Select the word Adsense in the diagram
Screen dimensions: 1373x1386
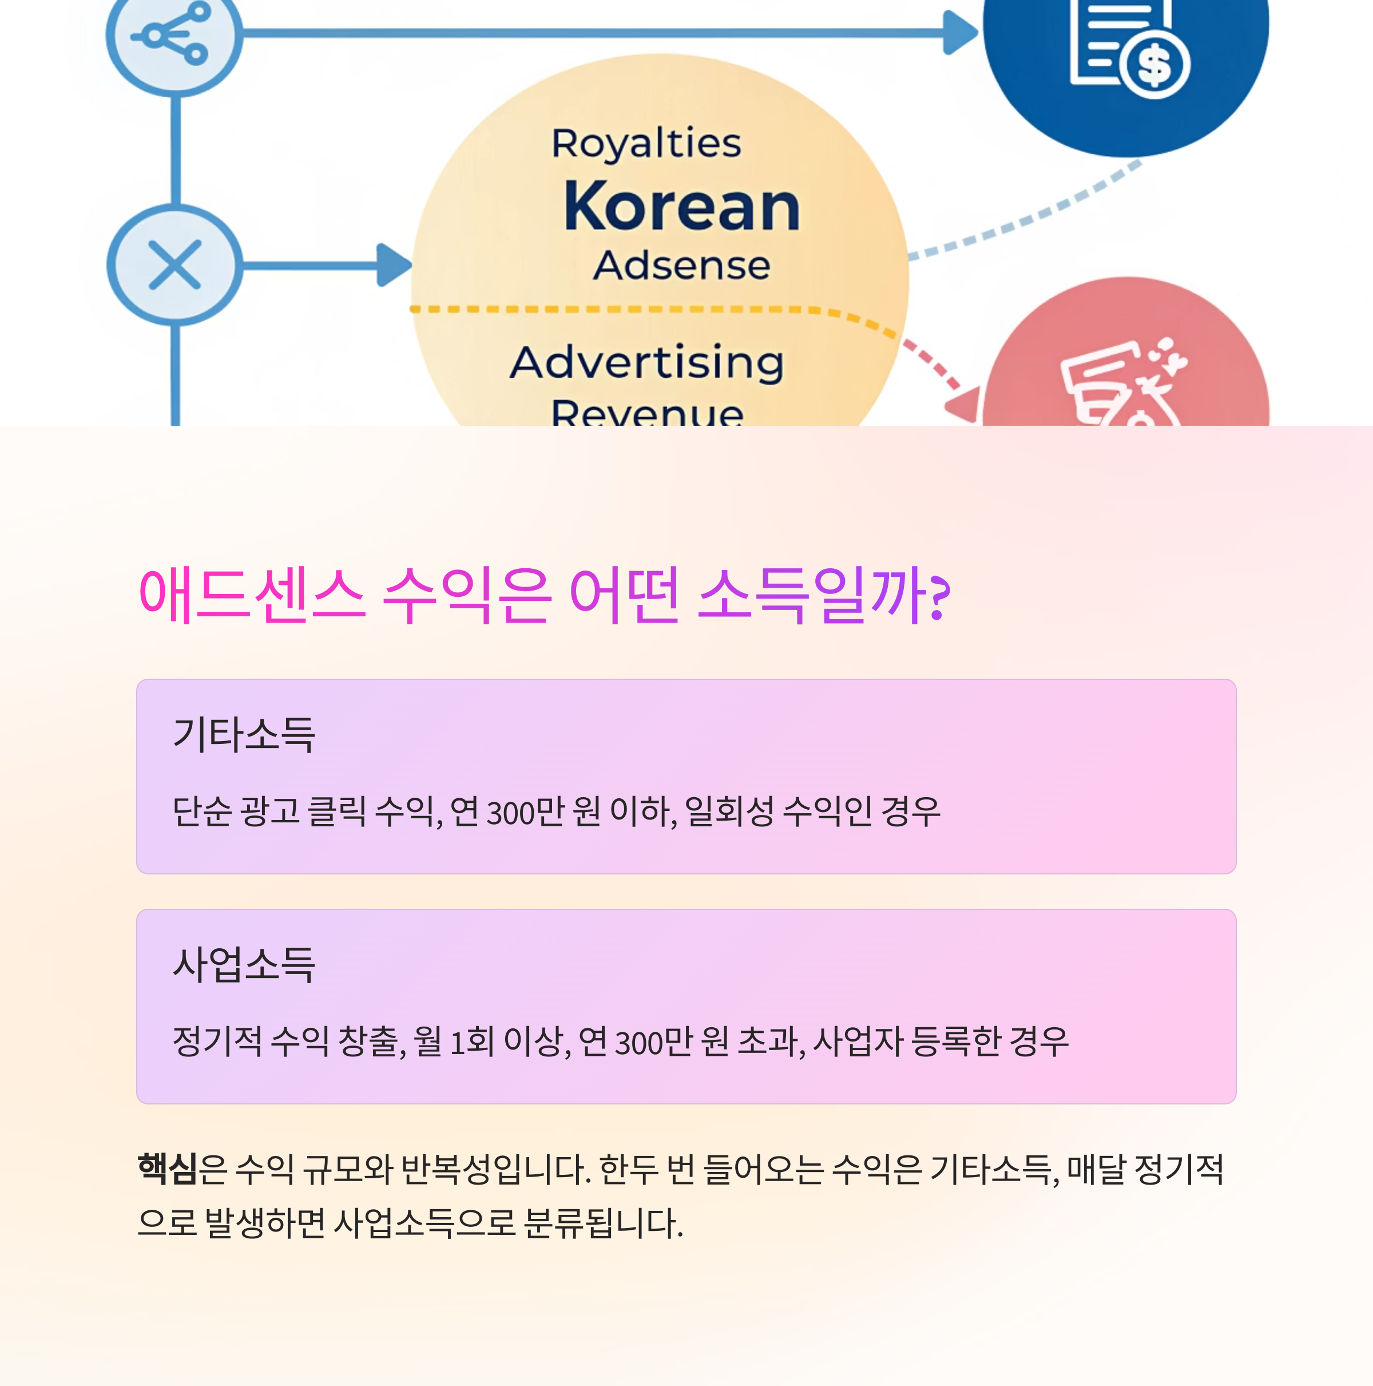(x=681, y=266)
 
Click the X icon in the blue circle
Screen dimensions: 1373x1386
(x=174, y=265)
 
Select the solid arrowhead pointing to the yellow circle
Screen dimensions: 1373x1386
(x=393, y=265)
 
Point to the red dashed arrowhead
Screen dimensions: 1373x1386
(x=964, y=405)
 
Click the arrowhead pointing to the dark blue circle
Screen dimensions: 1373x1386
(x=960, y=32)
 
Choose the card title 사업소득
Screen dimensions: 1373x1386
(x=244, y=964)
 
